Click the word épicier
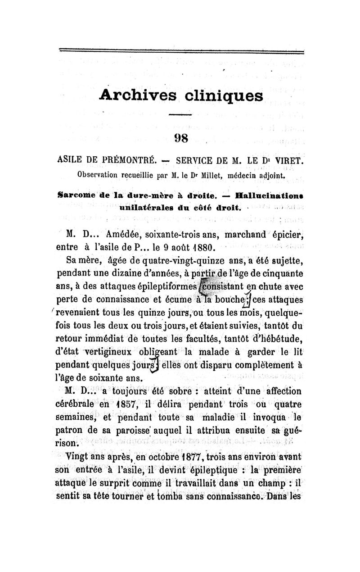click(286, 235)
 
